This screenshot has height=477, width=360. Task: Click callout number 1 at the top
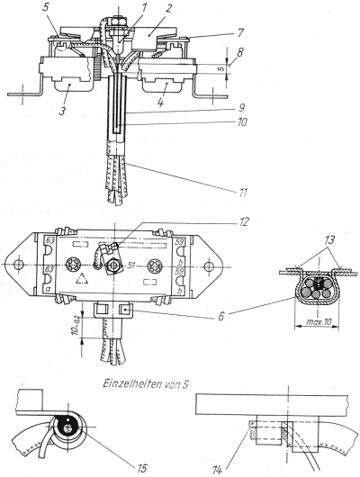(144, 8)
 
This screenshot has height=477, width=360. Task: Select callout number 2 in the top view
(167, 9)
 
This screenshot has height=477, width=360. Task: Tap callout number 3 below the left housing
(62, 111)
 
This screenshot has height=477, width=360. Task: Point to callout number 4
(161, 103)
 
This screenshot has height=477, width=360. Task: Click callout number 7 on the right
(240, 31)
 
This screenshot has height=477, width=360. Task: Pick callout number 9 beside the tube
(242, 107)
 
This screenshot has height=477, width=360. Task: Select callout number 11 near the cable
(242, 193)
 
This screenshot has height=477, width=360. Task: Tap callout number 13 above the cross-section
(328, 240)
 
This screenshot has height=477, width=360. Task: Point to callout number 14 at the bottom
(218, 471)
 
